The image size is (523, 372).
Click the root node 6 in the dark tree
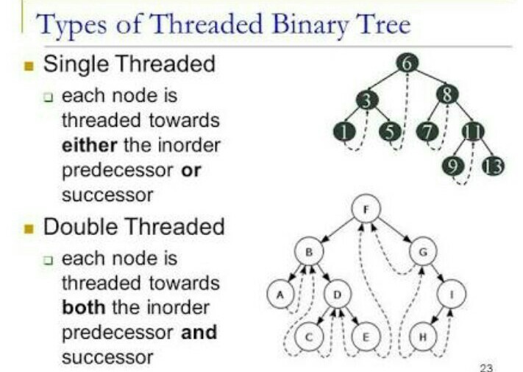(408, 64)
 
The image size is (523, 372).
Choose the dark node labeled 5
(389, 133)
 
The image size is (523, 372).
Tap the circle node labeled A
(279, 295)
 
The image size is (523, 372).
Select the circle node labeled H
(424, 337)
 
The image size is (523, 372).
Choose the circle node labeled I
(451, 295)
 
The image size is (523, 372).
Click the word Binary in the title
(305, 25)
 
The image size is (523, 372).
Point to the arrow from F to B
(337, 231)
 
